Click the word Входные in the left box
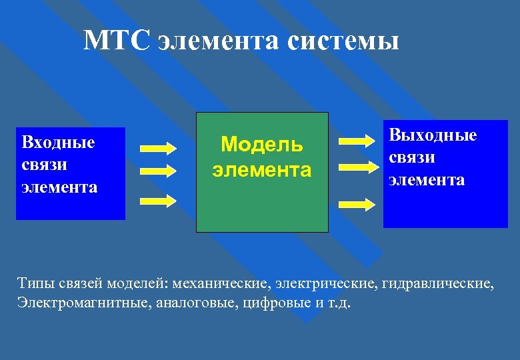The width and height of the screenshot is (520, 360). pos(59,142)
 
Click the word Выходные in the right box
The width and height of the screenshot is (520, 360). pos(433,135)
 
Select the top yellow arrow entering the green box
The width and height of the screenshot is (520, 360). pos(157,147)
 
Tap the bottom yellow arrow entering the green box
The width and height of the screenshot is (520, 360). pos(157,199)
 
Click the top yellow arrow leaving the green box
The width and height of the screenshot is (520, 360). pos(357,141)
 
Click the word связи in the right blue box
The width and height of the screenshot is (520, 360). pos(413,158)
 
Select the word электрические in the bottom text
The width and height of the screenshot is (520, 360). pos(327,285)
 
